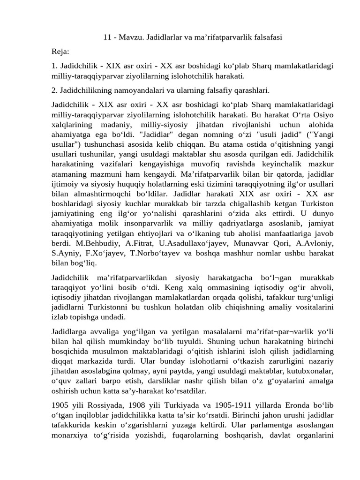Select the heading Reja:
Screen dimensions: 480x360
60,51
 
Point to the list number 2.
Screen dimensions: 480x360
55,90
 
